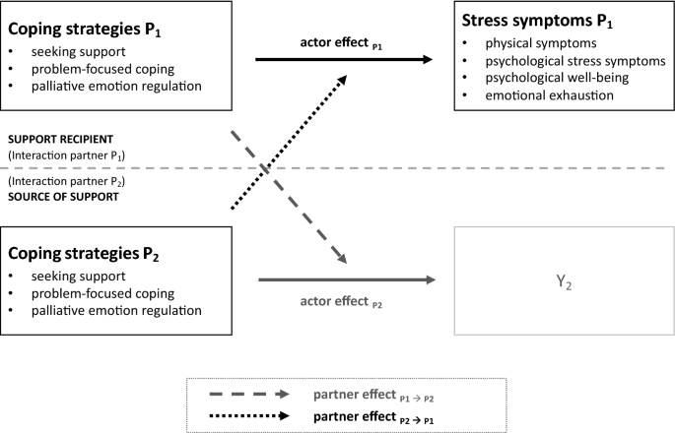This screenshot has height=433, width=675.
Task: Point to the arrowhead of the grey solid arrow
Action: point(430,280)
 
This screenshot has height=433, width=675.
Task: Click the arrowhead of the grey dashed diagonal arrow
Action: point(344,259)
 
